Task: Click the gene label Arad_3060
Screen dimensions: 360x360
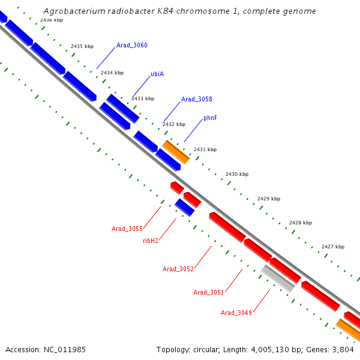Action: [x=131, y=46]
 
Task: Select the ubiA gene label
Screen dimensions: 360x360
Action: [x=157, y=74]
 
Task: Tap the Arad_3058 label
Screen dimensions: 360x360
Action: [x=196, y=99]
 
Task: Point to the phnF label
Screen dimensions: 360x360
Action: [x=209, y=118]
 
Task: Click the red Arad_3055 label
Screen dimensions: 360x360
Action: [x=127, y=229]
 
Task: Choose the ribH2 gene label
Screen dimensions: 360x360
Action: [x=151, y=241]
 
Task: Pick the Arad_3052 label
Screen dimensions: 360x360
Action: [x=178, y=269]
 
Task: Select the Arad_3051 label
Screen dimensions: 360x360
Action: [x=208, y=292]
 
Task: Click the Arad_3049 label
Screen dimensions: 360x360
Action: [x=236, y=313]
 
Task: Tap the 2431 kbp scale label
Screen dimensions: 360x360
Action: [x=205, y=149]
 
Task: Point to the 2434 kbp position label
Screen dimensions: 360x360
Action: [x=112, y=73]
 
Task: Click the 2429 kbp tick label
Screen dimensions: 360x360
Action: [x=269, y=199]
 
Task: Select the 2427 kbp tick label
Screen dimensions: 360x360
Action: [x=333, y=247]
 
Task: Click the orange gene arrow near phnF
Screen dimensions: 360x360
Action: [x=176, y=152]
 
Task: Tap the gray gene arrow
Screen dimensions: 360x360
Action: [x=277, y=278]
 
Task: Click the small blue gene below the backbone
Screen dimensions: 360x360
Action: [x=184, y=207]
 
